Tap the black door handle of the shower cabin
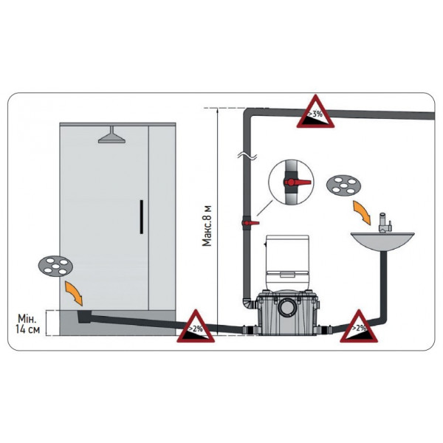click(142, 217)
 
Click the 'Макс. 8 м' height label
click(207, 226)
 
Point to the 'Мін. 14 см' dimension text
click(28, 324)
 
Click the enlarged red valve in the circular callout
click(298, 182)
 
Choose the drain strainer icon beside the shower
click(55, 266)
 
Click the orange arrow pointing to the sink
click(362, 213)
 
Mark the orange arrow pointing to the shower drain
click(74, 293)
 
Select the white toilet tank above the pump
click(287, 262)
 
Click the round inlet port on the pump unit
click(288, 308)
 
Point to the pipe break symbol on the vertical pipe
click(247, 156)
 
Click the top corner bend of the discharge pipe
click(249, 112)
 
